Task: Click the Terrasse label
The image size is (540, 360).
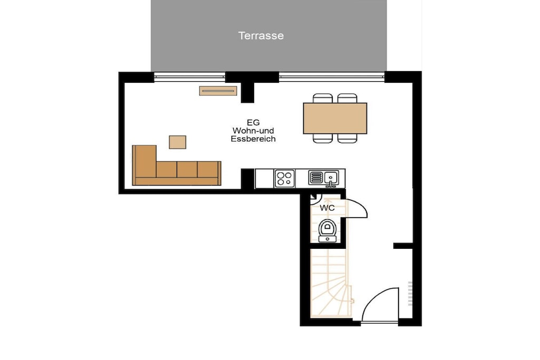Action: point(261,35)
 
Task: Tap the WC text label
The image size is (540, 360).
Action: point(327,208)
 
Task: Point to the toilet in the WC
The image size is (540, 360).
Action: point(327,230)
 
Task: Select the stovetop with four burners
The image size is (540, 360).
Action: point(285,179)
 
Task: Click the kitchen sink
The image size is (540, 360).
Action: point(324,178)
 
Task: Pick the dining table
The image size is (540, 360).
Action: point(335,118)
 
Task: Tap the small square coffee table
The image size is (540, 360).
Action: point(177,142)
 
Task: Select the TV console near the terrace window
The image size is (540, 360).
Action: point(218,91)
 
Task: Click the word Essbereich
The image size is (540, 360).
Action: point(253,139)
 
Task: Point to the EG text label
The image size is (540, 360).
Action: point(253,122)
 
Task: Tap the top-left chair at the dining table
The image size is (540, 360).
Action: point(323,98)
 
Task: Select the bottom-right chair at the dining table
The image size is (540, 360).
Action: point(348,138)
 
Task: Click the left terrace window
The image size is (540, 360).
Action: point(189,77)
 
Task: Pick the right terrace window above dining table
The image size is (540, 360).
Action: point(332,77)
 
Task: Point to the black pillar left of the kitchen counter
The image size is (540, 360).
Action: point(248,179)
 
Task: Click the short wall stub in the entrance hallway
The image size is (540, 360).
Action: point(403,246)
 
